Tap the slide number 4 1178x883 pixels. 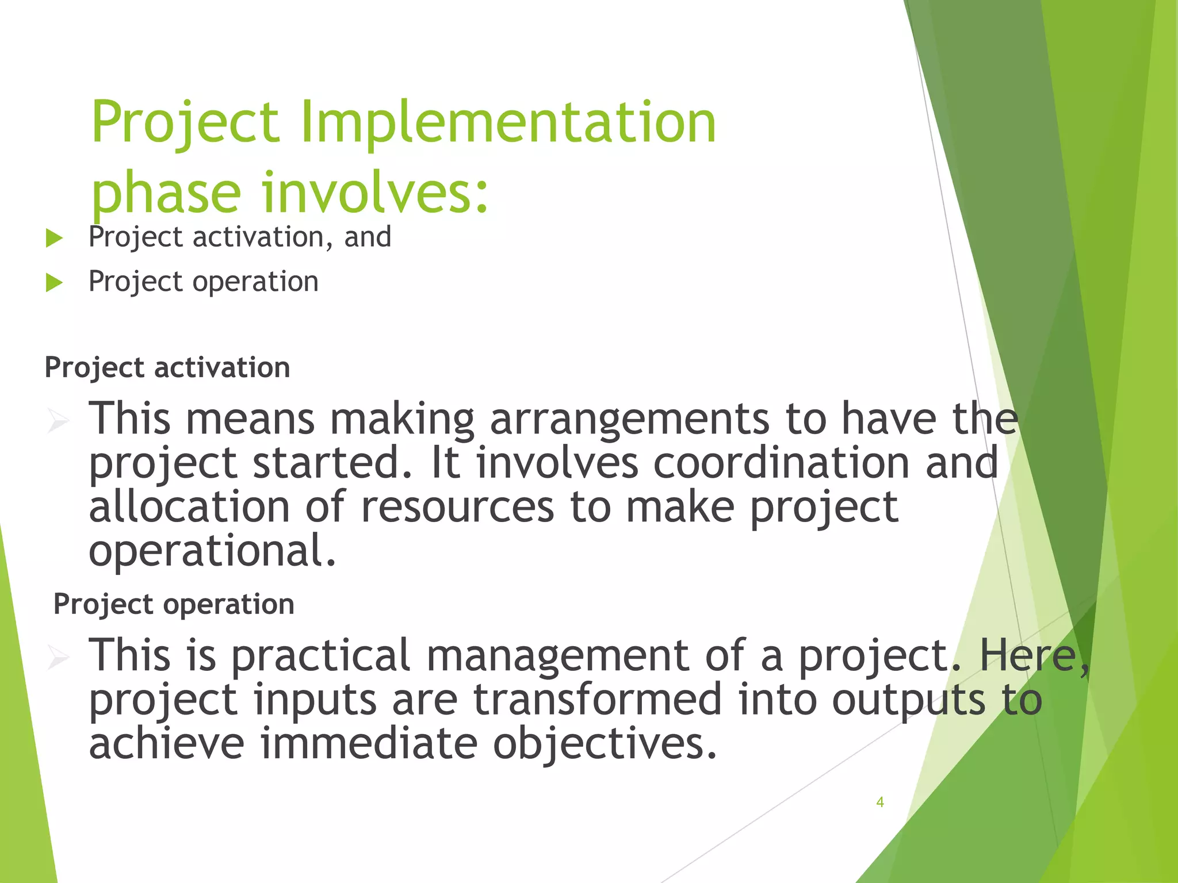(879, 802)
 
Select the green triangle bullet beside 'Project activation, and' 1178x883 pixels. (53, 238)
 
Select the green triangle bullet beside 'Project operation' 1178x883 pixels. (53, 283)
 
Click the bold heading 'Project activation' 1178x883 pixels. (167, 367)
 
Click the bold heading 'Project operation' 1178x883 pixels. (174, 604)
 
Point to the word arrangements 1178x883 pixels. (629, 419)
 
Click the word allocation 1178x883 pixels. (189, 507)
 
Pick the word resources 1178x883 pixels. (457, 507)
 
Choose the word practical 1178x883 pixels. (321, 656)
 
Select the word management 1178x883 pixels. (557, 656)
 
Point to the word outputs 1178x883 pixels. (909, 701)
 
